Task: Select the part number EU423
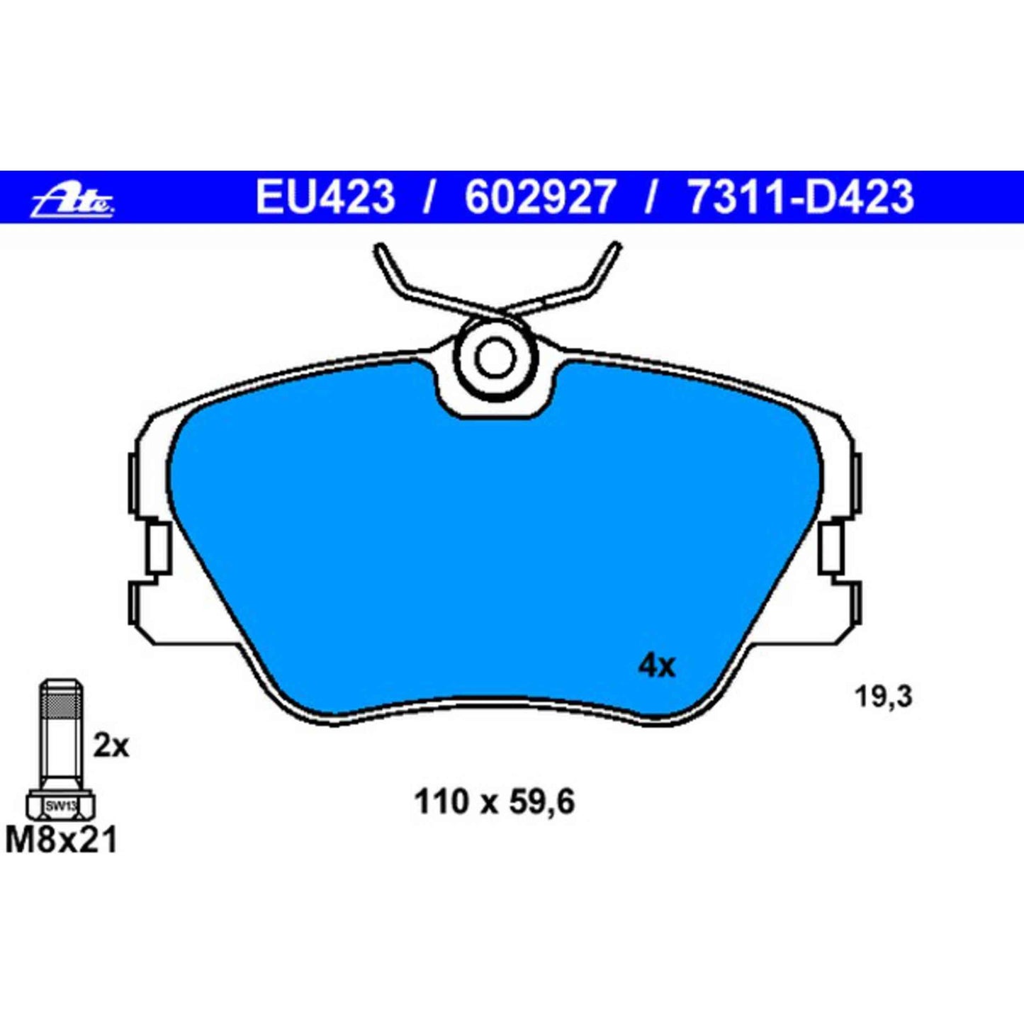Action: point(325,197)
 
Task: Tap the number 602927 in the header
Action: point(540,197)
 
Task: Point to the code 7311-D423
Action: point(801,197)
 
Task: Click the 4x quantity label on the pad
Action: point(657,666)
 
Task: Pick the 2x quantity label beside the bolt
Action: point(111,746)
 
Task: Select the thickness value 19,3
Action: point(883,697)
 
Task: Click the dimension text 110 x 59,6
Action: point(494,803)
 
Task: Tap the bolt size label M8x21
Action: point(61,841)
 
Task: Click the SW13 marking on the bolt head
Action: point(60,806)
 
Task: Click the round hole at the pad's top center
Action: point(493,357)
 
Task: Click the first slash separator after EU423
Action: point(428,197)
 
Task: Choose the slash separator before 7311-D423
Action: point(650,197)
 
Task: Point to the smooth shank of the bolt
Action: point(60,751)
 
